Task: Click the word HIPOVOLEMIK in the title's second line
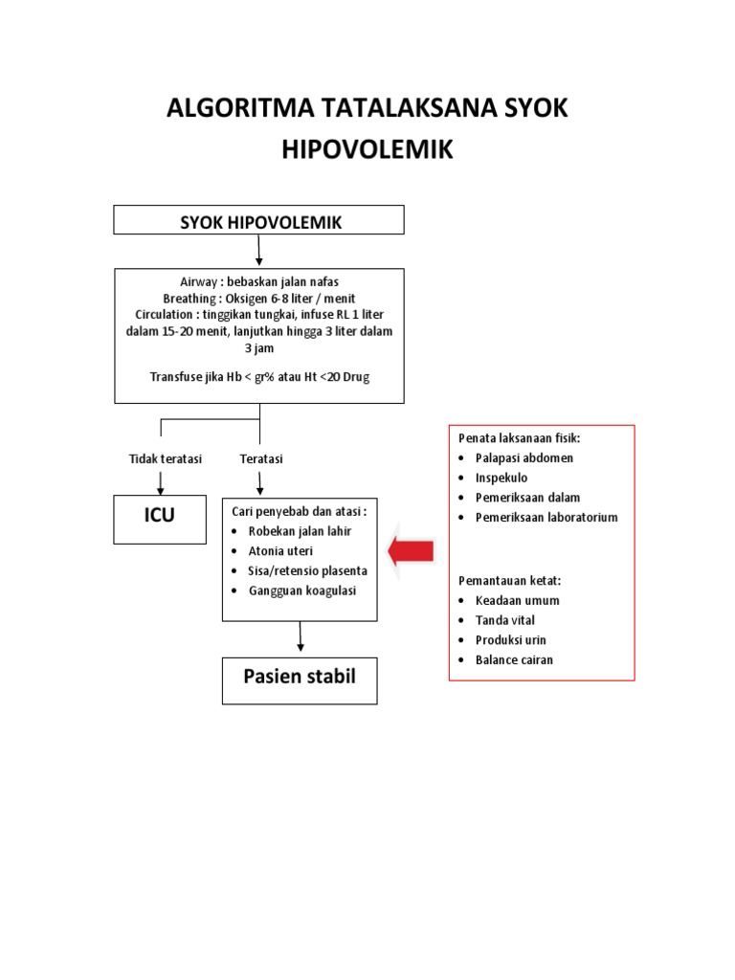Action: click(367, 151)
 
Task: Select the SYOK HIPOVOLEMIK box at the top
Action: click(259, 222)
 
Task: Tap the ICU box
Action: click(160, 517)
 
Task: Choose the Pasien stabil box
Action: click(300, 679)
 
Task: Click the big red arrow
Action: click(412, 550)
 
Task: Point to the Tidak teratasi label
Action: click(166, 459)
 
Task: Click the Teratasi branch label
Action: click(261, 459)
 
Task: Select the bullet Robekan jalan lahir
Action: click(298, 531)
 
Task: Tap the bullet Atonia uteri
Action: click(280, 551)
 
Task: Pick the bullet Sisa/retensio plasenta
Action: click(307, 570)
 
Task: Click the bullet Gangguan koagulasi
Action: click(301, 590)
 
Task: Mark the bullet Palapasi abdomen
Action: click(523, 457)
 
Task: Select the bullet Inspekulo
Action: click(501, 478)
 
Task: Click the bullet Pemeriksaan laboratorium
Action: click(546, 518)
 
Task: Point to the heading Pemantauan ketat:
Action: click(509, 581)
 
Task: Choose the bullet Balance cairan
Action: click(514, 660)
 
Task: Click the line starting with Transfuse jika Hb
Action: click(259, 376)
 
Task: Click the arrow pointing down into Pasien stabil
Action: click(301, 638)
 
